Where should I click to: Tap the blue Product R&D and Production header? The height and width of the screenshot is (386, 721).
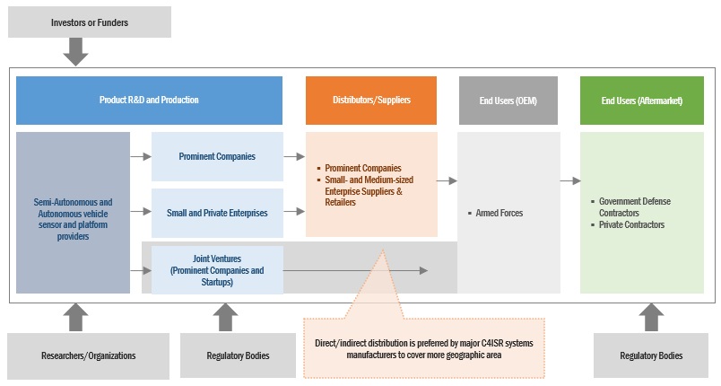coord(149,100)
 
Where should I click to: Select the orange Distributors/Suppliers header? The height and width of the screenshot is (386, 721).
coord(371,100)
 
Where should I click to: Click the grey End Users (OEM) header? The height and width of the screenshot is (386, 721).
coord(509,100)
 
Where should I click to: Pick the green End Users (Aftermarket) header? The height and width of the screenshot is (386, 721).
coord(641,100)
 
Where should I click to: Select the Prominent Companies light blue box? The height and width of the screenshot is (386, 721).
coord(217,156)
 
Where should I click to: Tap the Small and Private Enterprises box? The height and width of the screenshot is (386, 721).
coord(217,213)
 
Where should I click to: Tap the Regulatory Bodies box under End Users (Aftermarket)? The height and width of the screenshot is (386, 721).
coord(651,355)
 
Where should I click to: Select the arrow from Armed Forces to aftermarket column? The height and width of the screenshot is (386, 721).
coord(570,180)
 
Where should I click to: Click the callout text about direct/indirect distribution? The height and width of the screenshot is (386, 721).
coord(425,348)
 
